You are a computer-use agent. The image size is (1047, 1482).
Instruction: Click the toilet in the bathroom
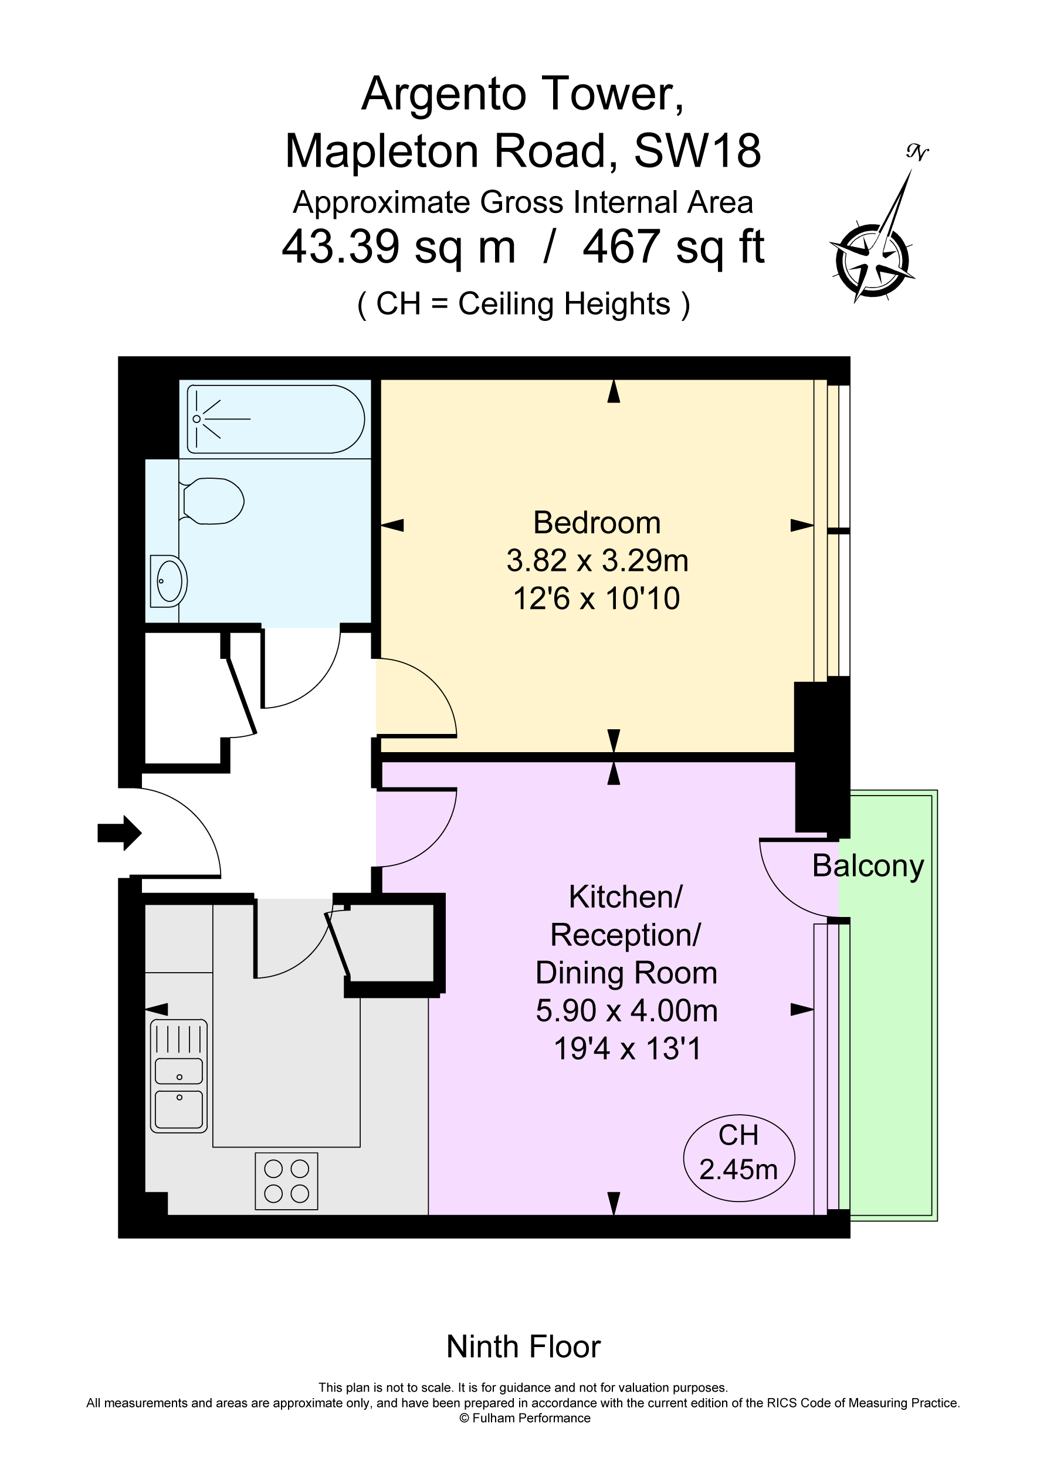pyautogui.click(x=212, y=501)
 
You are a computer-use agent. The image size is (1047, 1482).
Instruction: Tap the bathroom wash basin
pyautogui.click(x=169, y=581)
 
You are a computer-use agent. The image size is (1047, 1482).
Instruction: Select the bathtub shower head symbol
pyautogui.click(x=197, y=419)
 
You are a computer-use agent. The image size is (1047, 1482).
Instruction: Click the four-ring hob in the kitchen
pyautogui.click(x=287, y=1180)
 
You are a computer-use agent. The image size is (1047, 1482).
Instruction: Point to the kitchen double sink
pyautogui.click(x=179, y=1090)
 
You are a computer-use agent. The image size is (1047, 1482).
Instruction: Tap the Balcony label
pyautogui.click(x=868, y=865)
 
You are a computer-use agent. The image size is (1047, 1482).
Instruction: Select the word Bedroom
pyautogui.click(x=597, y=523)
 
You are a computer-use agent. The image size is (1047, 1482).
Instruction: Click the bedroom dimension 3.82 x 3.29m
pyautogui.click(x=597, y=560)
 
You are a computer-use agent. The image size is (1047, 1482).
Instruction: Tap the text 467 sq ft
pyautogui.click(x=673, y=246)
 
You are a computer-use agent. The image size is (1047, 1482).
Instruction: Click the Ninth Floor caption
pyautogui.click(x=523, y=1347)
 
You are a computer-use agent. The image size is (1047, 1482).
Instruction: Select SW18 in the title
pyautogui.click(x=697, y=151)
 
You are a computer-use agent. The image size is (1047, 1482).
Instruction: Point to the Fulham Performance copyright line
pyautogui.click(x=524, y=1418)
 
